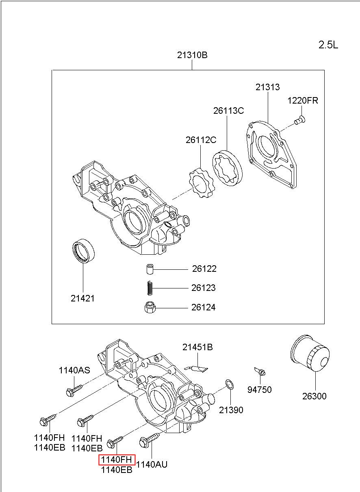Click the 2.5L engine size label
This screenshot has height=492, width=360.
(328, 45)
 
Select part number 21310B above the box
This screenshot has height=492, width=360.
(192, 55)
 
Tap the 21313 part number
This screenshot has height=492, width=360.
(267, 87)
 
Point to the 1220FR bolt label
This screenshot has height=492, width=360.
(303, 100)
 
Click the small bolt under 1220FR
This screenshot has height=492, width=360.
(300, 120)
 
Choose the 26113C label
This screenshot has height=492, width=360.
(228, 111)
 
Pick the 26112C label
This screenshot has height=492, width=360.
(201, 140)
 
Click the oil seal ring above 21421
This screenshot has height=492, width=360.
(83, 250)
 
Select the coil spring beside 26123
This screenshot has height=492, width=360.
(150, 288)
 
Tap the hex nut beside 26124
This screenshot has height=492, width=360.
(150, 307)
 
